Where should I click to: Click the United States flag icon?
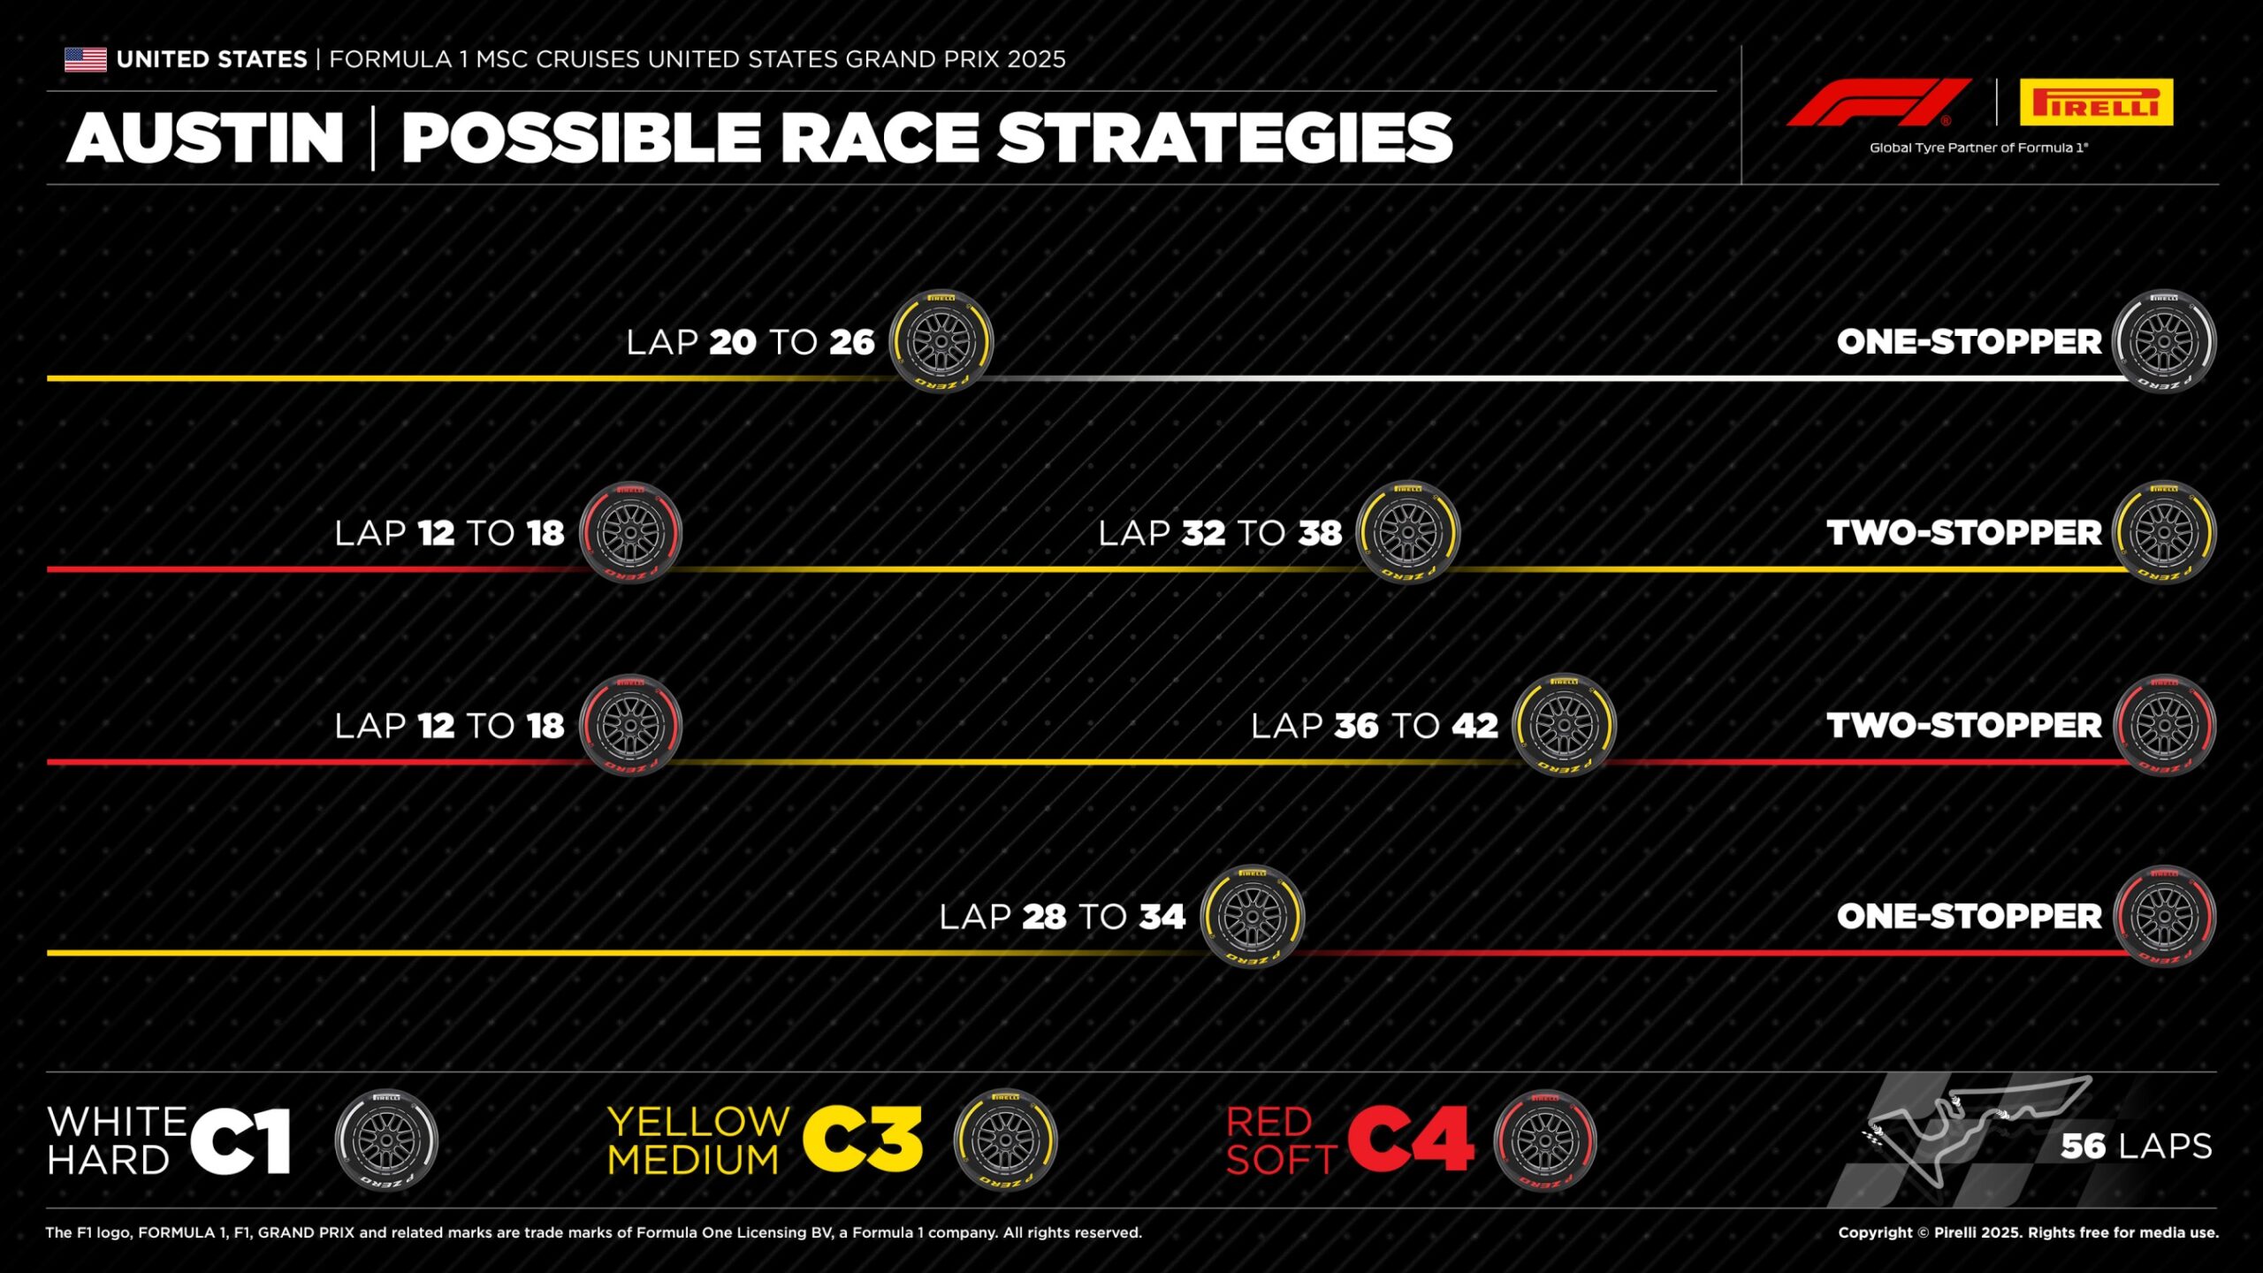coord(86,59)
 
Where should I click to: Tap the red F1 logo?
coord(1878,103)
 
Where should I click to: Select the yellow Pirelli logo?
coord(2096,103)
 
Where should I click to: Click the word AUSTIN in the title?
coord(205,138)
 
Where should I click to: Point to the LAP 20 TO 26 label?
coord(751,342)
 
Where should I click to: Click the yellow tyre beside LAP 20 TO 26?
coord(941,341)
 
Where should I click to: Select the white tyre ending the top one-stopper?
coord(2164,341)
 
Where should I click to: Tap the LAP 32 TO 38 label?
coord(1220,533)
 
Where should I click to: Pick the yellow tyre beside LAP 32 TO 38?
coord(1408,532)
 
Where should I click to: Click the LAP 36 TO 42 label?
coord(1375,726)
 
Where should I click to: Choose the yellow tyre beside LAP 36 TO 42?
coord(1564,725)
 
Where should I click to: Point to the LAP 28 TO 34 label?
coord(1062,917)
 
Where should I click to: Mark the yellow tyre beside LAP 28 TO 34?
coord(1253,916)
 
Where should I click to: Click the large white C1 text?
coord(240,1141)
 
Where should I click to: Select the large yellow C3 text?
coord(864,1140)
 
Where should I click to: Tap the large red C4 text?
coord(1412,1140)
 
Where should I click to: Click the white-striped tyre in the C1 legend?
coord(386,1140)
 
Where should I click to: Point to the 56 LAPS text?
coord(2137,1147)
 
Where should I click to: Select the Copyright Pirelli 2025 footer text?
coord(2028,1232)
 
